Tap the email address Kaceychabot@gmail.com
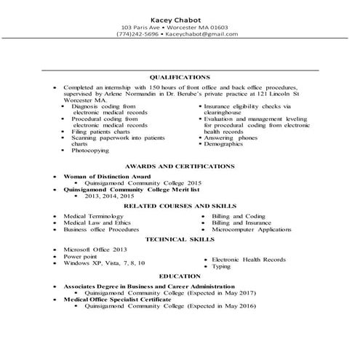[196, 33]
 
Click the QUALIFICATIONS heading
[180, 76]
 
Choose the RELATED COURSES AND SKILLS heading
[180, 207]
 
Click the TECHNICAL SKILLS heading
[180, 239]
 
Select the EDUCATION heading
[180, 276]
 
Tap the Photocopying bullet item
[90, 151]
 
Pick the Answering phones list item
[231, 137]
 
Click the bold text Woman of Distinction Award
[107, 177]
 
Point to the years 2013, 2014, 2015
[110, 196]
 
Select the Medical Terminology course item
[93, 216]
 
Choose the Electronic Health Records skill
[249, 260]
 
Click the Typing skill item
[221, 267]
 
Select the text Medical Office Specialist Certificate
[119, 299]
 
